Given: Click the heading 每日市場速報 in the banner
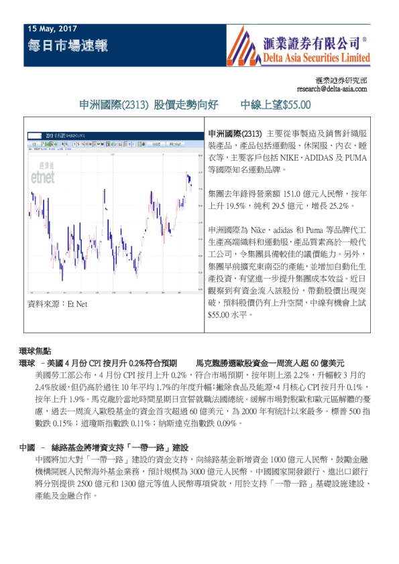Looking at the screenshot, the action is click(68, 46).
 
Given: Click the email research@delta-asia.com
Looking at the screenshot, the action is click(333, 88).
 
